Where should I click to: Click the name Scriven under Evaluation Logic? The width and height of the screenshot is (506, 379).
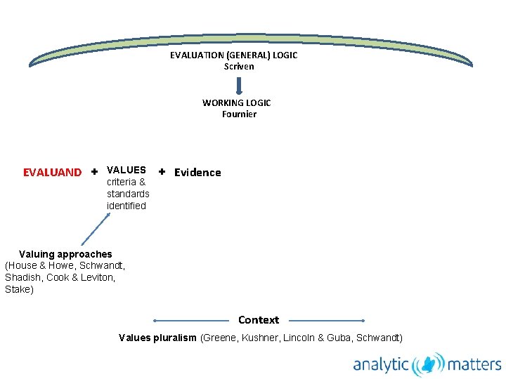(x=239, y=67)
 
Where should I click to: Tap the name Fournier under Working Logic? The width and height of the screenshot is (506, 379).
(x=239, y=114)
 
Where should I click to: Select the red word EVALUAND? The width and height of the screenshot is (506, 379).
(x=52, y=173)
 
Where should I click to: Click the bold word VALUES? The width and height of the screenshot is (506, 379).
(x=126, y=170)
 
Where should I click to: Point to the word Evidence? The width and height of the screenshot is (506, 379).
(x=197, y=173)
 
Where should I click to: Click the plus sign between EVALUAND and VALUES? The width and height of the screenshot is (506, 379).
(x=94, y=172)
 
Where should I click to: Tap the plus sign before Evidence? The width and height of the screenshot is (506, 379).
(x=162, y=171)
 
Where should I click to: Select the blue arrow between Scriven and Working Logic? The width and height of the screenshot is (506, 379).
(x=239, y=85)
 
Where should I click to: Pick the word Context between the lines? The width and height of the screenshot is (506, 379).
(x=259, y=320)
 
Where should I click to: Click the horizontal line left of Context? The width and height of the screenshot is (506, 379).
(x=190, y=321)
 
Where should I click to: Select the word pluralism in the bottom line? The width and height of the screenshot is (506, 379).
(x=178, y=338)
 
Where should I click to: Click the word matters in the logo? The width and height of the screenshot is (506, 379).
(x=474, y=365)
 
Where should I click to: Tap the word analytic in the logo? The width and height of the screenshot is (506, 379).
(x=380, y=365)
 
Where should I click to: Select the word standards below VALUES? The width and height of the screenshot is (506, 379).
(x=128, y=194)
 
